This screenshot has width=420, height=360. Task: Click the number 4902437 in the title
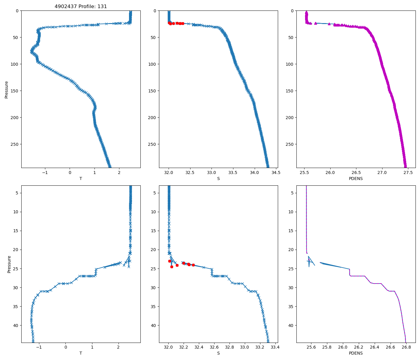[64, 6]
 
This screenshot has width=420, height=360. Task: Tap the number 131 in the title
[102, 6]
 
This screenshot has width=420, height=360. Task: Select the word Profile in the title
[86, 6]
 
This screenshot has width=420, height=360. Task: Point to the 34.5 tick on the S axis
[276, 172]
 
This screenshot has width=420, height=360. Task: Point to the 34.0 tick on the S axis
[254, 172]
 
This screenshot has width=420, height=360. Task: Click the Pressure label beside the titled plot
[7, 89]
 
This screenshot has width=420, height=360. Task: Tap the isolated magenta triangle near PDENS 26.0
[329, 24]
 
